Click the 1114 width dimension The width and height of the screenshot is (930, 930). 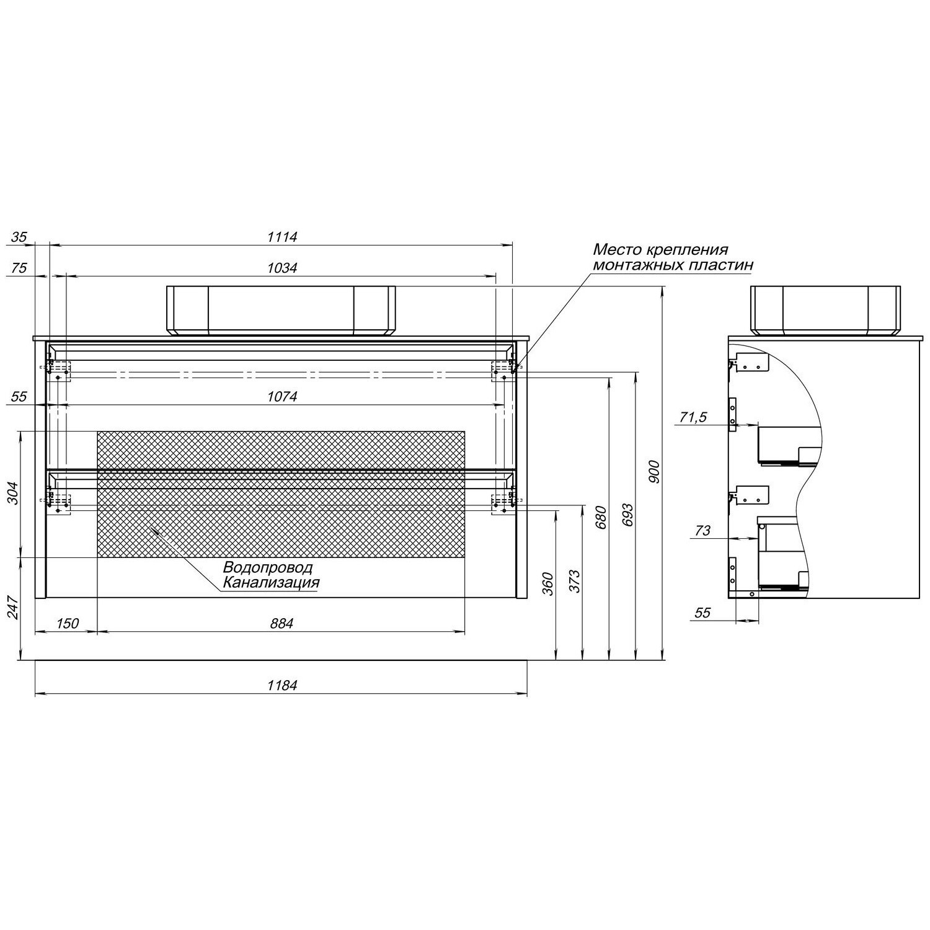[x=282, y=236]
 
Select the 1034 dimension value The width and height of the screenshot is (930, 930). [x=282, y=268]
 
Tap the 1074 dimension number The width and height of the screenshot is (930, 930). [x=282, y=396]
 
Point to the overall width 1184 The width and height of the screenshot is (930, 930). [x=282, y=685]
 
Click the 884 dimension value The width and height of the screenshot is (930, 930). [x=281, y=623]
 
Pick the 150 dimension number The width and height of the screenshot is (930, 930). [x=67, y=623]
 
